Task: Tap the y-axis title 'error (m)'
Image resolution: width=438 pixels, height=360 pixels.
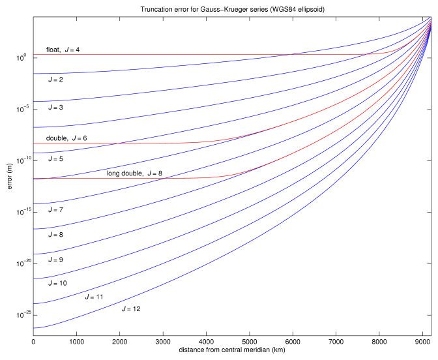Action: [9, 176]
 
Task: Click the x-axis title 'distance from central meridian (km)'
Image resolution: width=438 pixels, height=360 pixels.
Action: [231, 351]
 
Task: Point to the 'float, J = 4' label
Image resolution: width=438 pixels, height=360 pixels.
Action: [63, 50]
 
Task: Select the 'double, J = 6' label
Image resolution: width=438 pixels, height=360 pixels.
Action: [66, 138]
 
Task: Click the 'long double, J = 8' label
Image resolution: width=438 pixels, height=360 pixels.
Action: [134, 173]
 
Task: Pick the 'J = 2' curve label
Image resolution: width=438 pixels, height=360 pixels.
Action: [55, 80]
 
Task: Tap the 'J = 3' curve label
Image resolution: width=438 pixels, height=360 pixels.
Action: [55, 107]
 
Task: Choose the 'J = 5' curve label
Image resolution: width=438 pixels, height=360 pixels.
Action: [55, 158]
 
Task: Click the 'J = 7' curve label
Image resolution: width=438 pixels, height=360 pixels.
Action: [55, 210]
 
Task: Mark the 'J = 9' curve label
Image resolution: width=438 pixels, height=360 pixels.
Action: [55, 260]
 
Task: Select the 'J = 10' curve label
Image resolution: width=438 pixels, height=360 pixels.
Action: [57, 283]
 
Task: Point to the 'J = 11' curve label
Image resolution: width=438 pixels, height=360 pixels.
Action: [95, 296]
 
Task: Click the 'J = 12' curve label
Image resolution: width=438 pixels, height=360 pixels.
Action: [131, 308]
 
